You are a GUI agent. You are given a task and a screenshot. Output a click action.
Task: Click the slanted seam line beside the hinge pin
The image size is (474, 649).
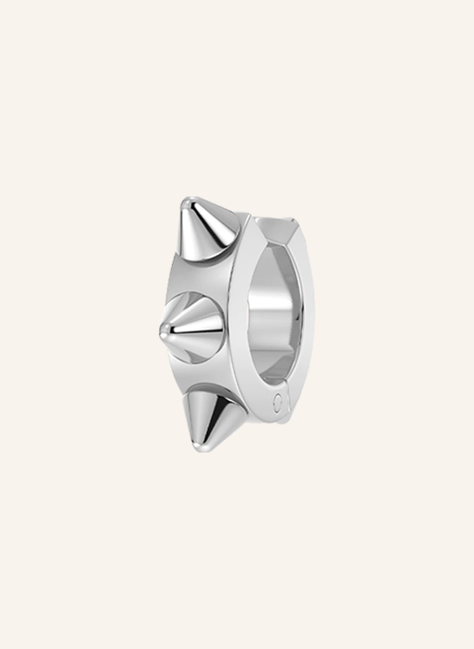(287, 397)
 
